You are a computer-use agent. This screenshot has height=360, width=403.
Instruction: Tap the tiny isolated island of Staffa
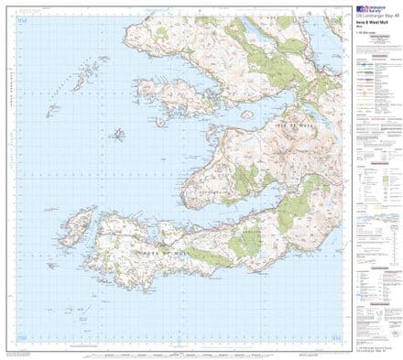pos(118,134)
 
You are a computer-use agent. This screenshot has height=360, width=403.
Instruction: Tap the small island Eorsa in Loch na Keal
pos(246,115)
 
